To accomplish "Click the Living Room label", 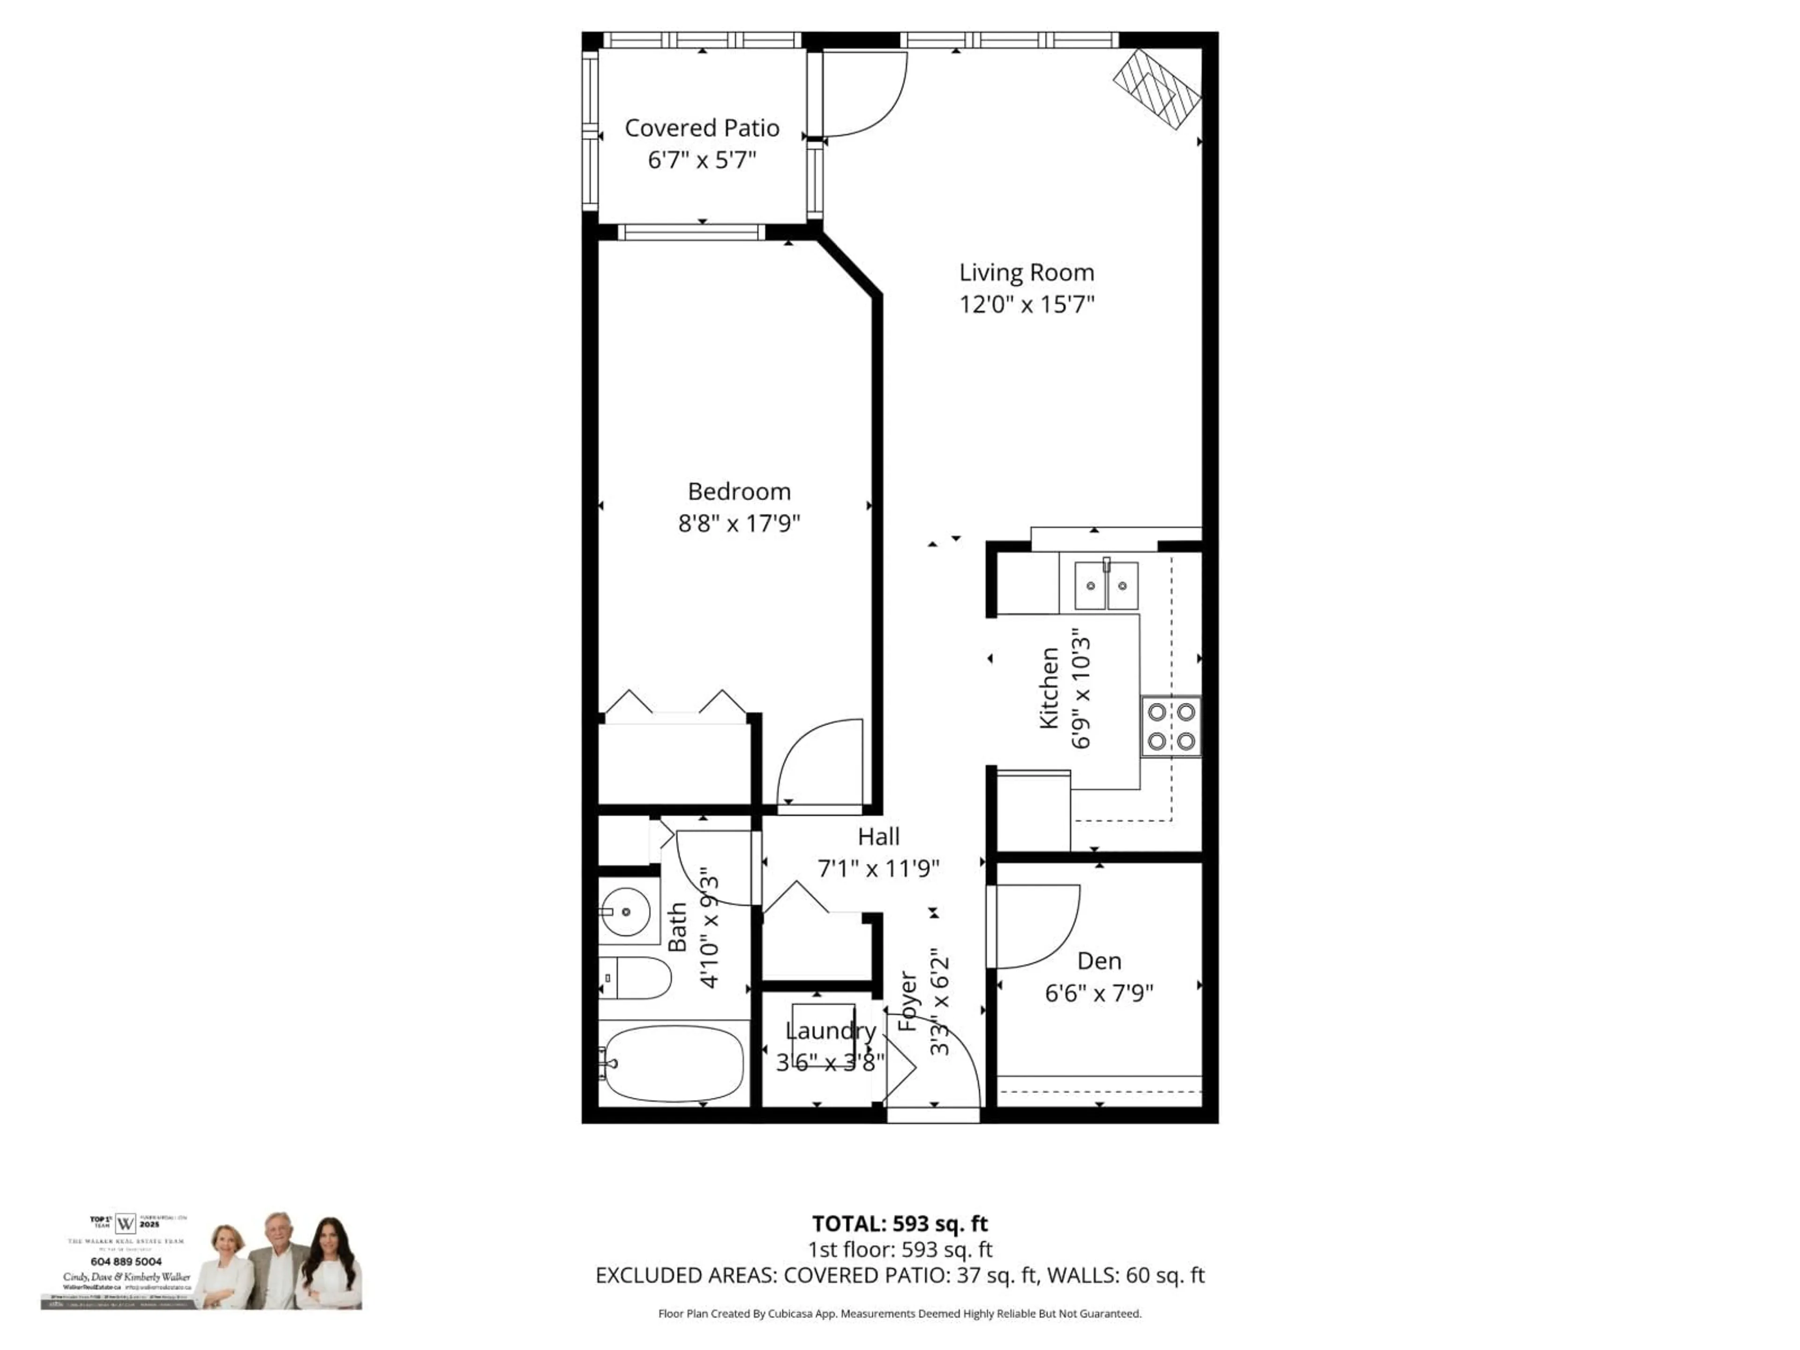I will (1026, 273).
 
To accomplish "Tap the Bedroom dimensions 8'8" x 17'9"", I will (739, 523).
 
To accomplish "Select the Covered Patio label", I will (701, 128).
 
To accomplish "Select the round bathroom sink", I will (625, 911).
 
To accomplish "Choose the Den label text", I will (1099, 961).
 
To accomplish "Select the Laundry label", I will (830, 1031).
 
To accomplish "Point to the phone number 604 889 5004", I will (126, 1261).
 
